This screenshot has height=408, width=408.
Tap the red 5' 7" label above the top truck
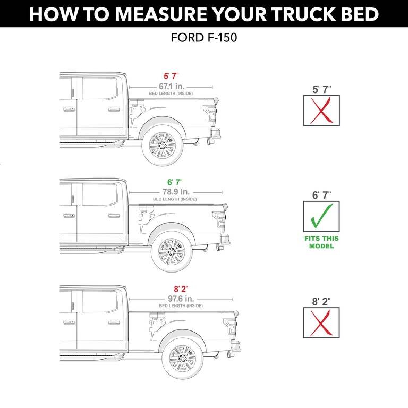pos(171,76)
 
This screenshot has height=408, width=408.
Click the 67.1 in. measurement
pos(171,86)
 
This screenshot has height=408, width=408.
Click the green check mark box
pos(322,217)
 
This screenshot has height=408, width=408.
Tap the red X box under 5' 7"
pos(322,110)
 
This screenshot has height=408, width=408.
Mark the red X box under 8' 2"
pos(322,322)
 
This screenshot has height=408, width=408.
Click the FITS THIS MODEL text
pos(322,242)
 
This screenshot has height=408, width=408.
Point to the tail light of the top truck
pos(211,113)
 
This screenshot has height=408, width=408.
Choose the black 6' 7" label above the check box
pos(322,195)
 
